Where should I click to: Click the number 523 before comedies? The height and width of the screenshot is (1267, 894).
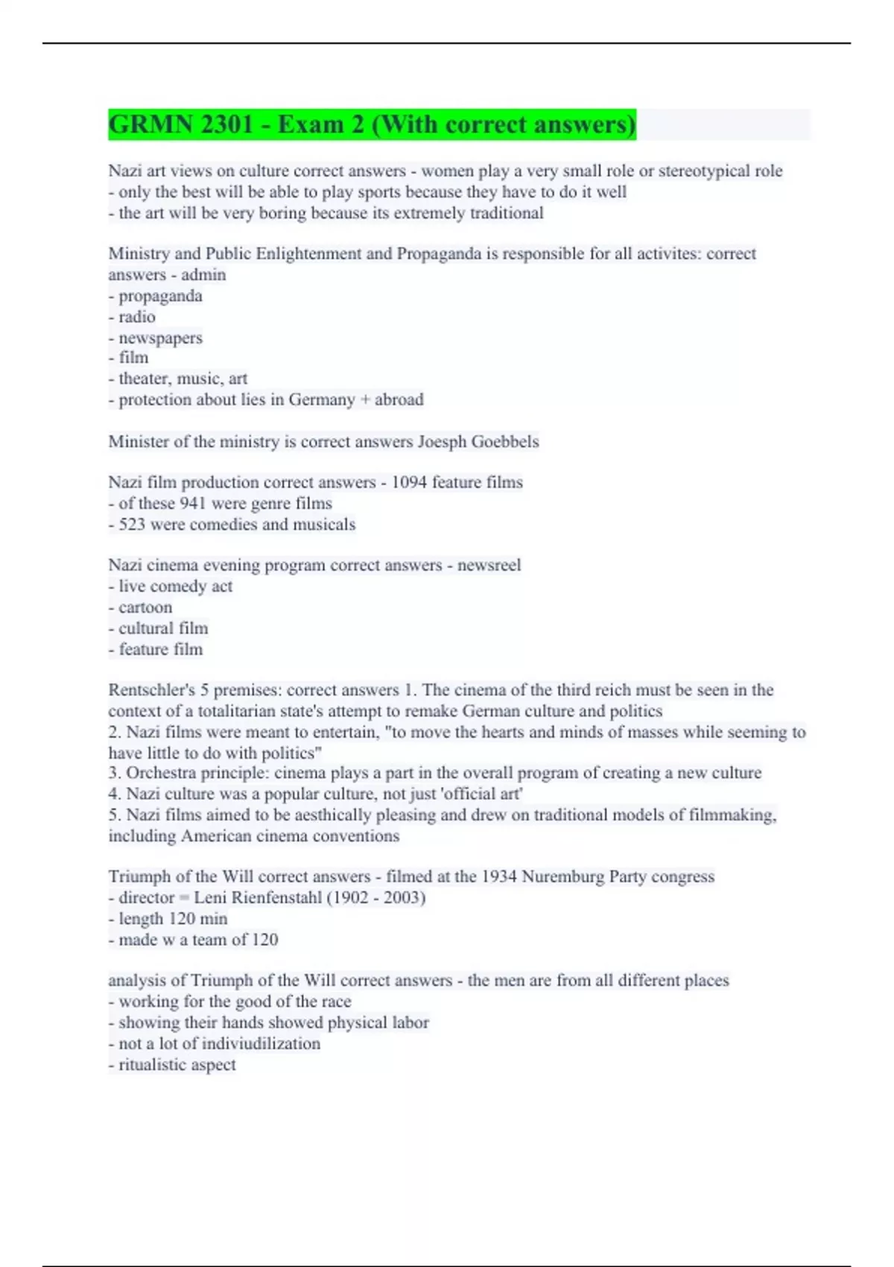click(x=132, y=525)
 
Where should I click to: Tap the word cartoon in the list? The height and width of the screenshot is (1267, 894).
click(x=145, y=607)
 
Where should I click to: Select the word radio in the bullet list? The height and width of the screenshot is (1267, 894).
click(x=137, y=317)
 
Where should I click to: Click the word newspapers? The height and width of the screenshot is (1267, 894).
click(x=160, y=338)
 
